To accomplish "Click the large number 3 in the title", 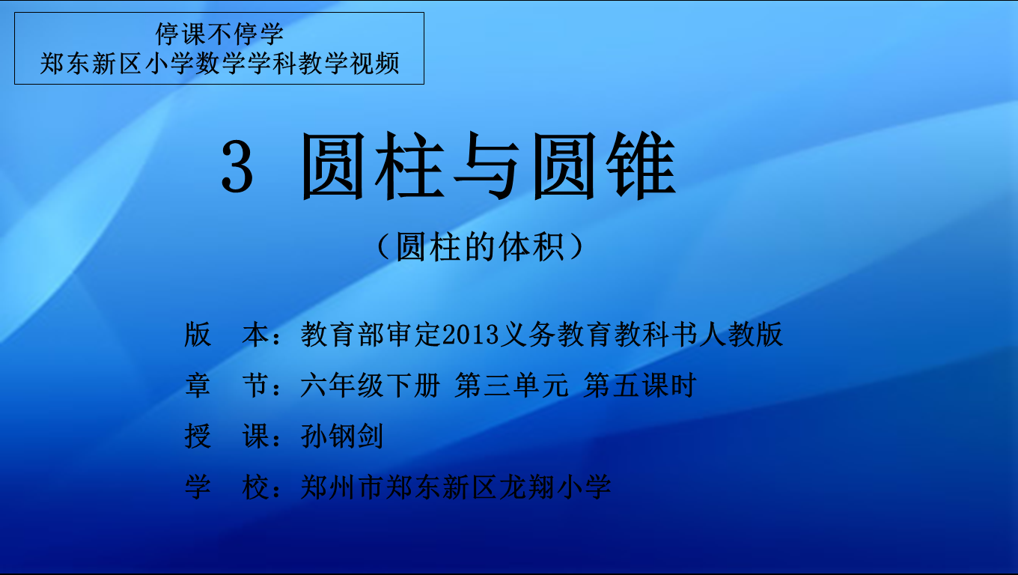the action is [x=237, y=166].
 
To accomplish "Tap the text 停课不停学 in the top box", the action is [x=219, y=34].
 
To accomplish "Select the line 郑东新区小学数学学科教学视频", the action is [x=219, y=63].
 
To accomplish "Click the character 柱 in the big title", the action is [x=409, y=166].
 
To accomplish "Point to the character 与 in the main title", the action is [x=487, y=166].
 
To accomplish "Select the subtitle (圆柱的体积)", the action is [x=481, y=247].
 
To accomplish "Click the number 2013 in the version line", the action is [x=470, y=335].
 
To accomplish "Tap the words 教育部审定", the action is [x=371, y=335].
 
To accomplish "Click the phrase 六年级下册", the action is [x=371, y=386].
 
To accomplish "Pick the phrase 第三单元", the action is [x=512, y=386].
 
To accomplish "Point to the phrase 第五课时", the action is [x=640, y=386].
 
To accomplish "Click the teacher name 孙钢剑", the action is [x=342, y=436].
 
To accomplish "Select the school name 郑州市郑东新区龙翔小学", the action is [x=456, y=487].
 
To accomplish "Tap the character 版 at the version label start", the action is [x=198, y=335].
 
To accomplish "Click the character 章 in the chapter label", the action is [x=198, y=386].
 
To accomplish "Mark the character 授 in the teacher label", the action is [x=198, y=436].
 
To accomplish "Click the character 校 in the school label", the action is [x=255, y=487].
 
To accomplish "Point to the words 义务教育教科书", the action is [x=599, y=335].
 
